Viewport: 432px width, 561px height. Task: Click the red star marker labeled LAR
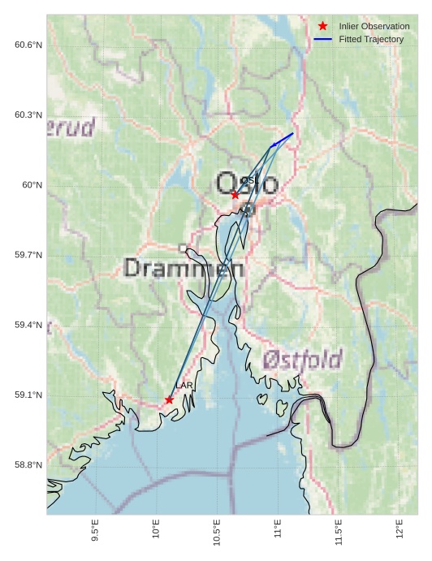(x=169, y=399)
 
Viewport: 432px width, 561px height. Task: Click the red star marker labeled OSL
(x=235, y=195)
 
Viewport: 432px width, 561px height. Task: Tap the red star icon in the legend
(x=322, y=26)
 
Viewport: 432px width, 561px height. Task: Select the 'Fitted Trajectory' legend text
(x=371, y=39)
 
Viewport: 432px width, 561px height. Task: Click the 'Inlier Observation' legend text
(x=374, y=26)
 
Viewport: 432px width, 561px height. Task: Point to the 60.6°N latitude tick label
(x=28, y=45)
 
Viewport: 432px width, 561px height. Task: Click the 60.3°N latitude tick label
(x=28, y=114)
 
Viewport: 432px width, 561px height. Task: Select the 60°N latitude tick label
(x=32, y=185)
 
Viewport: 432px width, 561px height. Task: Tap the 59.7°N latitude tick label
(x=28, y=255)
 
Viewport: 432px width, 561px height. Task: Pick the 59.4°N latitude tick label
(x=28, y=325)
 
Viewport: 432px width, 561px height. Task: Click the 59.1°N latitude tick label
(x=28, y=395)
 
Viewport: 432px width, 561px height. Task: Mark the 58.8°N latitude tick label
(x=28, y=465)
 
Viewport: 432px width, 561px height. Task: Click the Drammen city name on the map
(x=184, y=268)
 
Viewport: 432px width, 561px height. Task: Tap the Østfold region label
(x=302, y=359)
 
